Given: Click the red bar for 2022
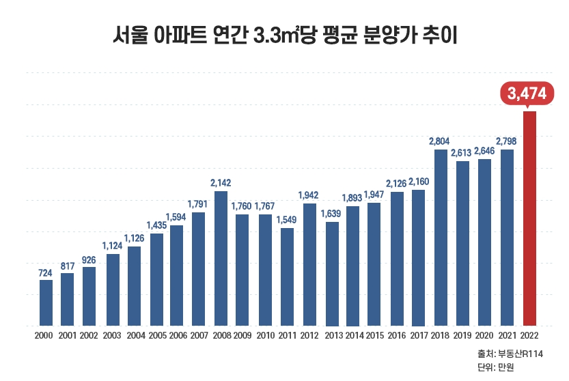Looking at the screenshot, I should (x=529, y=218).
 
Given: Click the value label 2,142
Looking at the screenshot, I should (x=221, y=183).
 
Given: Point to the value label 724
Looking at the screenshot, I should (x=46, y=272).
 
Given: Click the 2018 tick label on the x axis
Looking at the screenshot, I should (x=441, y=335).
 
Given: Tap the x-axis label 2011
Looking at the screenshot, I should (x=287, y=335).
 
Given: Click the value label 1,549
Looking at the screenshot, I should (x=287, y=220).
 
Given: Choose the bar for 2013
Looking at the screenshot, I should (x=332, y=273).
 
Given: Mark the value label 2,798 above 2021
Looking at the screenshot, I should (x=507, y=141).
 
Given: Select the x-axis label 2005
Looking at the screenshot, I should (x=157, y=335).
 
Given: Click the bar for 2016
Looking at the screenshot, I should (x=397, y=259).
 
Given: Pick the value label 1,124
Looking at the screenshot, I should (x=113, y=246).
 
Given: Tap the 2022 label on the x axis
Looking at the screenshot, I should (x=529, y=335).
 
